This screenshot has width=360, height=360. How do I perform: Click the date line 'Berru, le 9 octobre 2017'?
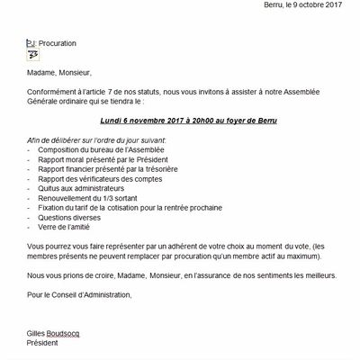(297, 4)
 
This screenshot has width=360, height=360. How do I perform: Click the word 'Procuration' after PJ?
(58, 42)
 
